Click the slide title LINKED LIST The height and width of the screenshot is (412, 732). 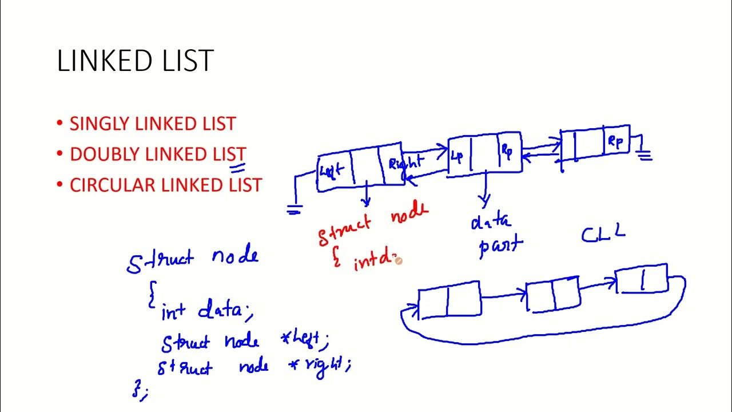(136, 61)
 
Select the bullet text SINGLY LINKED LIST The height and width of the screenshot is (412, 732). (152, 124)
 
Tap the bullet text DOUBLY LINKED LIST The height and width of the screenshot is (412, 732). (158, 154)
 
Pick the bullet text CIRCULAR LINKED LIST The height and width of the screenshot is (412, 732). (165, 185)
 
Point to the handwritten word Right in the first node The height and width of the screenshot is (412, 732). (405, 163)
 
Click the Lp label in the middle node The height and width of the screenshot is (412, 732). (457, 155)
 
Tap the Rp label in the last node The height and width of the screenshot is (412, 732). (615, 141)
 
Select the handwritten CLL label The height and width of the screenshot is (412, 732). (603, 233)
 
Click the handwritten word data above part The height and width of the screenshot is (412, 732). (491, 221)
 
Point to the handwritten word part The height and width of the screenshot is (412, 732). (500, 246)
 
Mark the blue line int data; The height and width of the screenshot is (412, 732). (206, 311)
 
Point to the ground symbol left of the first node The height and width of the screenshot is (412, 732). (294, 210)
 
